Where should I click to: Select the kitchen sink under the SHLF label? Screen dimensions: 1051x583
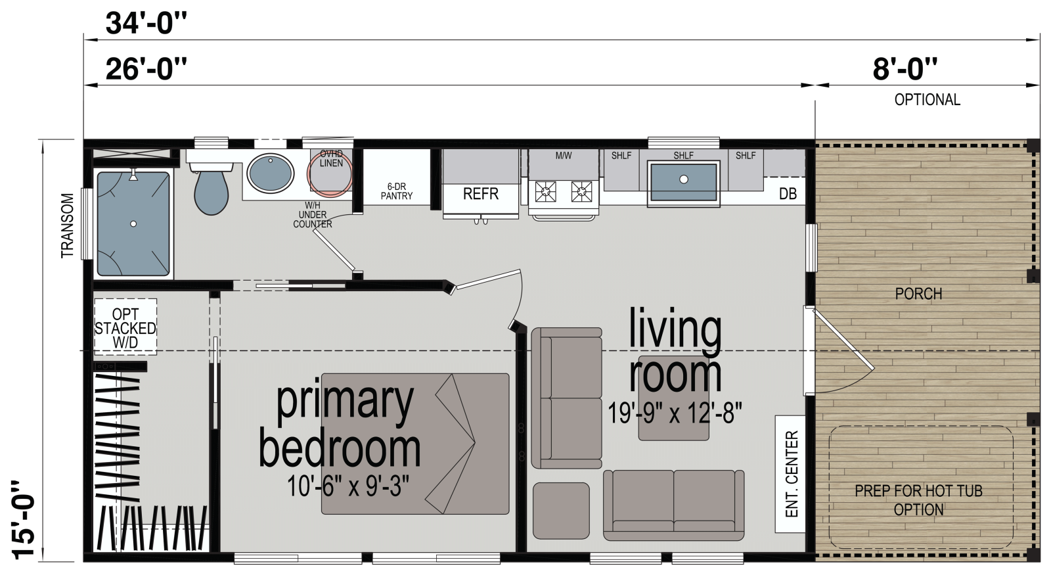pyautogui.click(x=684, y=183)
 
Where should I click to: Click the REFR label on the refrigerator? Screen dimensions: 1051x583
pyautogui.click(x=480, y=194)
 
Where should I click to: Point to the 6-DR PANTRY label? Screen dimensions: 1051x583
pyautogui.click(x=397, y=191)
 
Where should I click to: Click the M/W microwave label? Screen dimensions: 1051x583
pyautogui.click(x=564, y=155)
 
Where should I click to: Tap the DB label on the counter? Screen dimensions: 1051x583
pyautogui.click(x=788, y=194)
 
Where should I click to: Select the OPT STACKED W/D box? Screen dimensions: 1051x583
pyautogui.click(x=125, y=327)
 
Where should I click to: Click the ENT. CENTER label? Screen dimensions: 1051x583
pyautogui.click(x=791, y=474)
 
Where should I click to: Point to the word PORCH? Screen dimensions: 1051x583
pyautogui.click(x=918, y=294)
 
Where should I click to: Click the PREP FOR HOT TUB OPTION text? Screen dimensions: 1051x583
pyautogui.click(x=918, y=500)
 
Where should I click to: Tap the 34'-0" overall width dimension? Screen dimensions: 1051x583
pyautogui.click(x=146, y=24)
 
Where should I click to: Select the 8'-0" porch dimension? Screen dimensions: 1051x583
pyautogui.click(x=905, y=69)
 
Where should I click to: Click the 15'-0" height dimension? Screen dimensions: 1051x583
pyautogui.click(x=24, y=520)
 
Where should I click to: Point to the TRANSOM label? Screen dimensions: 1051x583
pyautogui.click(x=68, y=226)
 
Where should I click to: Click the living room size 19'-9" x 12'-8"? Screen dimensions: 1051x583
pyautogui.click(x=674, y=413)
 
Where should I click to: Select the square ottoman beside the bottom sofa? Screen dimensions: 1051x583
pyautogui.click(x=561, y=511)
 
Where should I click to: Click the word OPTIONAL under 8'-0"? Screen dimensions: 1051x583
pyautogui.click(x=927, y=99)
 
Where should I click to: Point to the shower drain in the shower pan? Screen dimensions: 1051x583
pyautogui.click(x=133, y=224)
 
